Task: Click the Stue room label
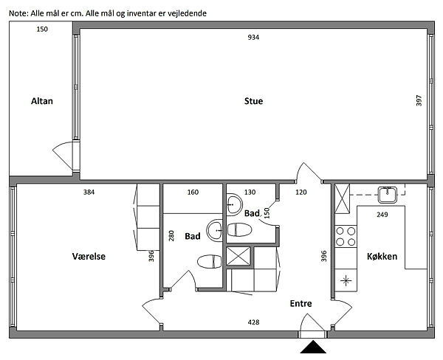click(x=253, y=101)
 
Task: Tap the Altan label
click(x=42, y=101)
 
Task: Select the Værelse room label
click(x=89, y=257)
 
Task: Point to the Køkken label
click(x=382, y=257)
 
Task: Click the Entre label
click(x=301, y=303)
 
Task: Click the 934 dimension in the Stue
click(x=253, y=38)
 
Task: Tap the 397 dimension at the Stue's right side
click(x=419, y=100)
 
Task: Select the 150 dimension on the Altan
click(x=42, y=29)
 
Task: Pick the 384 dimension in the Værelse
click(x=89, y=193)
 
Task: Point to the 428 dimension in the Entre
click(x=253, y=322)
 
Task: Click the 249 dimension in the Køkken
click(x=382, y=215)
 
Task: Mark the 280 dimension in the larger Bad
click(x=171, y=236)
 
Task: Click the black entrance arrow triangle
click(x=313, y=347)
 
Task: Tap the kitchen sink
click(x=388, y=195)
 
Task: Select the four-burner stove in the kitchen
click(x=346, y=237)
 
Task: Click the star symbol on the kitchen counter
click(x=346, y=280)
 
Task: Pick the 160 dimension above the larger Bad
click(x=193, y=193)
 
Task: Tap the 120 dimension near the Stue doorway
click(x=301, y=193)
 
